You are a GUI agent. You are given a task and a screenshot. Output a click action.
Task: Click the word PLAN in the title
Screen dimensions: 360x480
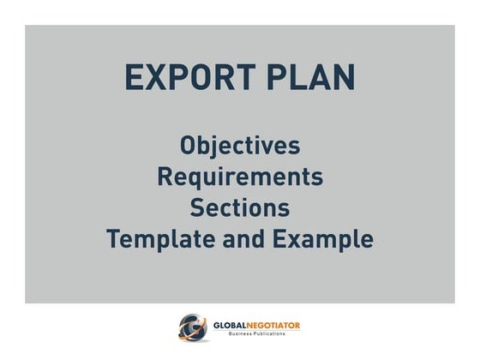point(313,77)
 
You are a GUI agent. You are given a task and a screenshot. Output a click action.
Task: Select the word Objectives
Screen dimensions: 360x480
point(240,145)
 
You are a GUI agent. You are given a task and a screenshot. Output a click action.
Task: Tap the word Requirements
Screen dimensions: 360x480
point(240,177)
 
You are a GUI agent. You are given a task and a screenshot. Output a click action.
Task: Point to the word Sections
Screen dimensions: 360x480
point(240,207)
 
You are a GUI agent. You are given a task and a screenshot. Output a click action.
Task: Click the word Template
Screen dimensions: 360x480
point(156,238)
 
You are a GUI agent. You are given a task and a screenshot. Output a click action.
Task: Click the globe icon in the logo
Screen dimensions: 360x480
point(192,327)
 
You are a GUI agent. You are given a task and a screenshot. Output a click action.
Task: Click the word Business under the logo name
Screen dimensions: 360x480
point(243,334)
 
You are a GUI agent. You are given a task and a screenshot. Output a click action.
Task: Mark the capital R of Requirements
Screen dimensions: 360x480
point(165,177)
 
